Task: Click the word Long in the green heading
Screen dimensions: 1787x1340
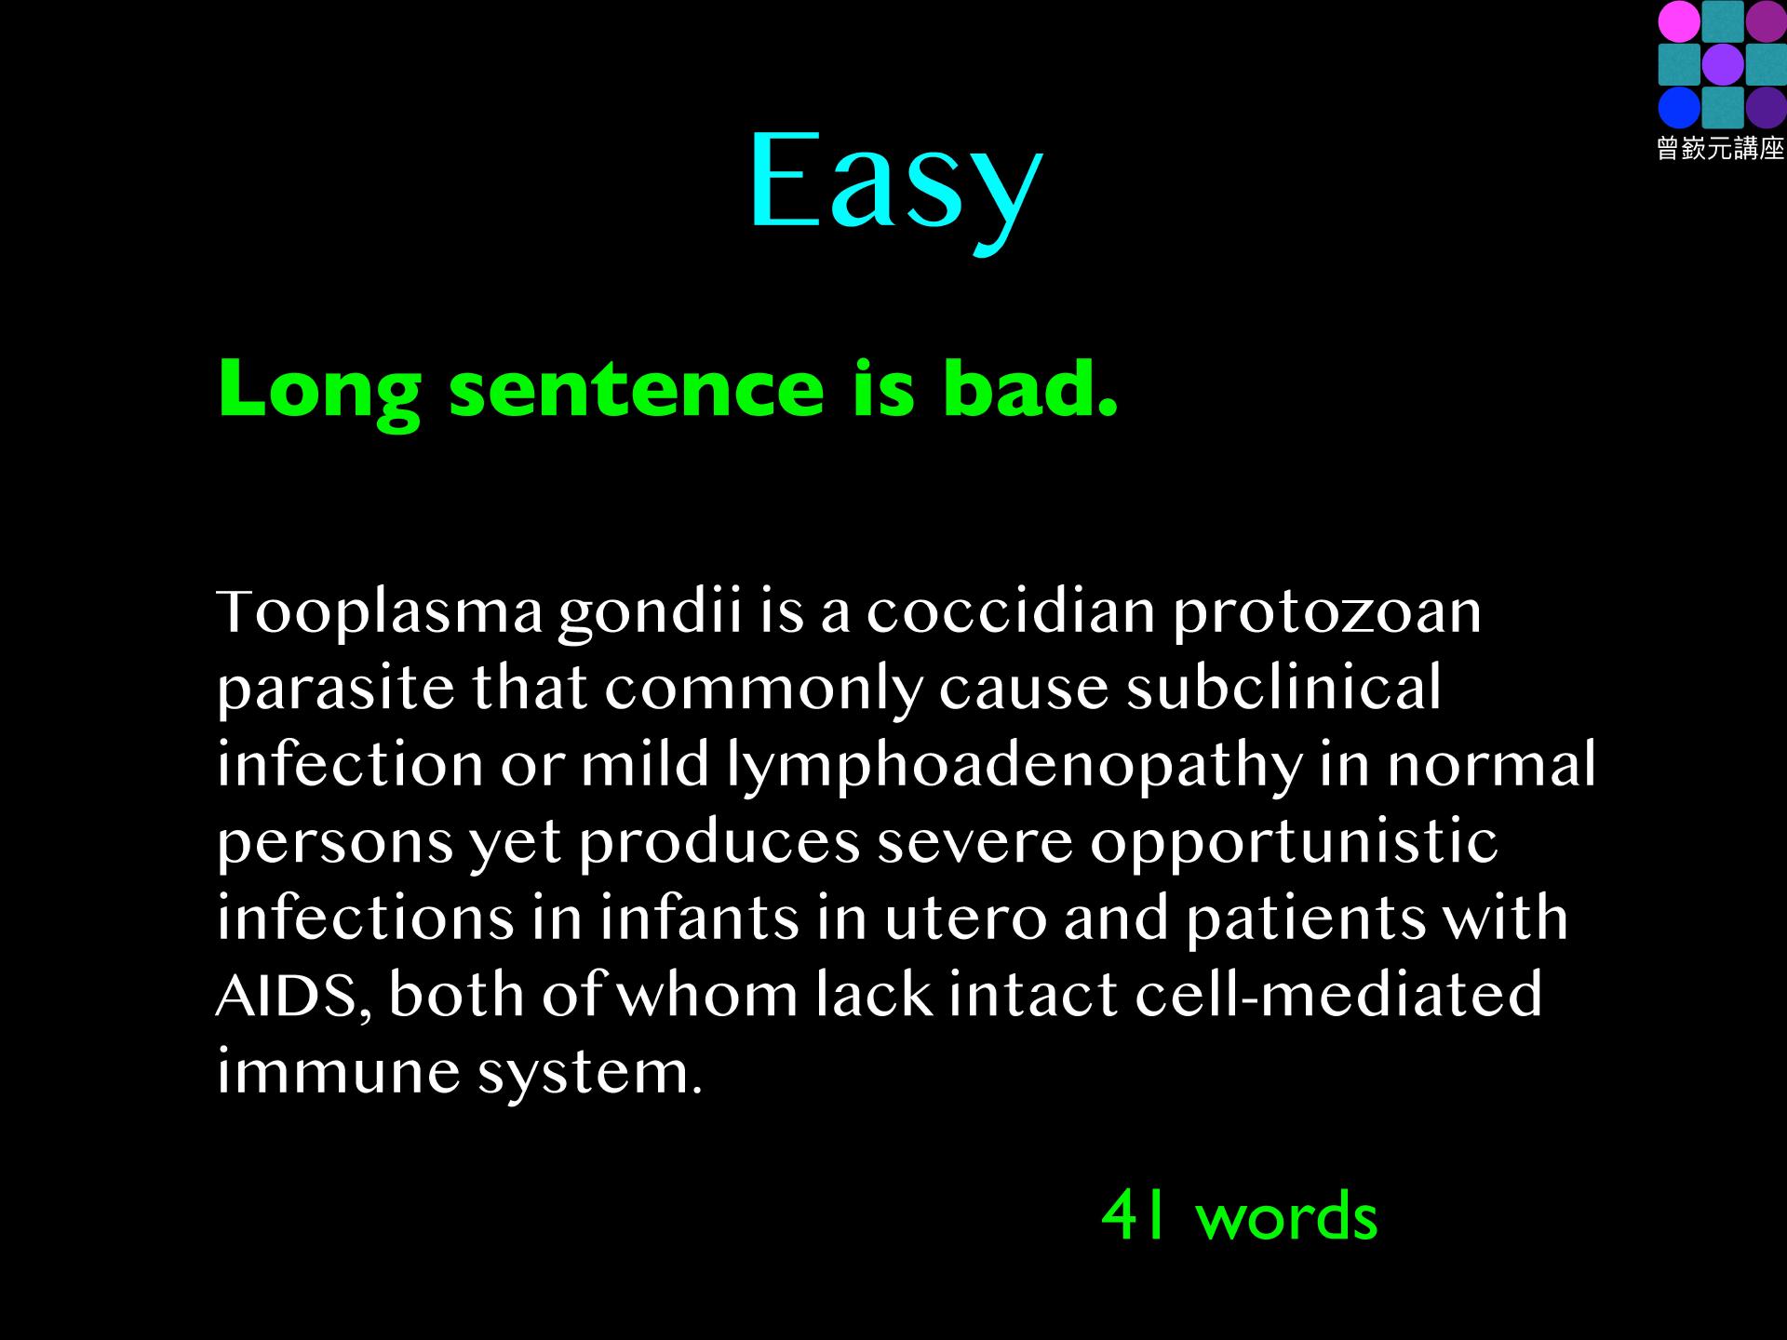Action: coord(320,391)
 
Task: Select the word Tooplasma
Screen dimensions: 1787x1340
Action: coord(380,615)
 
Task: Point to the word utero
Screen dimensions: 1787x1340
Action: coord(965,918)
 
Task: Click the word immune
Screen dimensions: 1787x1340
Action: coord(339,1072)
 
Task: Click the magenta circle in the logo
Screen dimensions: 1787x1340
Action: coord(1678,21)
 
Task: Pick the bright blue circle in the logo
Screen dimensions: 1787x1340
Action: coord(1678,107)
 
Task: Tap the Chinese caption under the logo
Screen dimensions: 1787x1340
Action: coord(1720,149)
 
